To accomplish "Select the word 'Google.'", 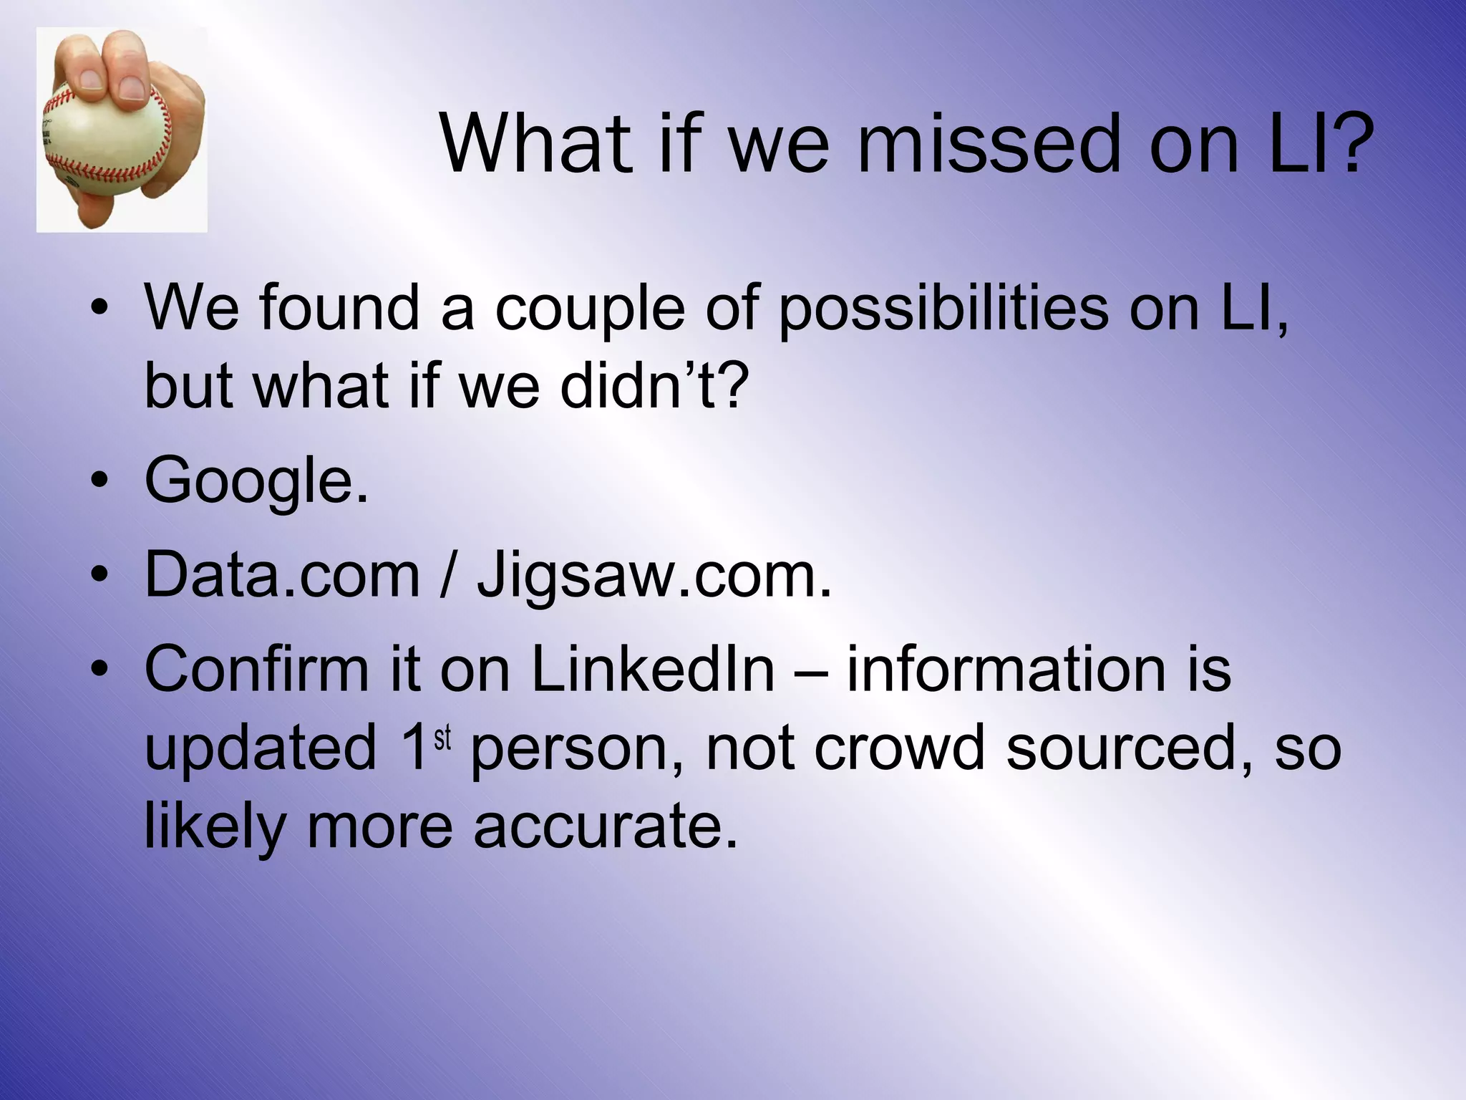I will pos(256,481).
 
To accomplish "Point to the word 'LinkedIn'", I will pos(653,670).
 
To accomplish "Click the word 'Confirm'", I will pos(256,670).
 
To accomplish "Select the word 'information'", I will pos(1006,670).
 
